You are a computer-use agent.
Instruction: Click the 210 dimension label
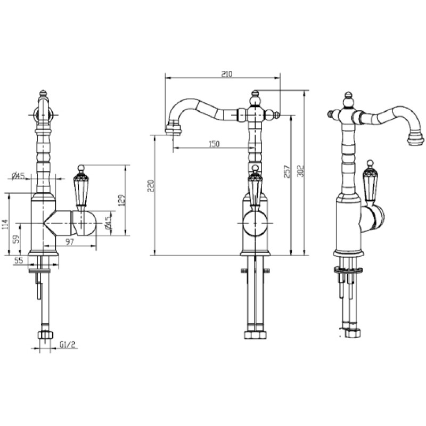[x=227, y=74]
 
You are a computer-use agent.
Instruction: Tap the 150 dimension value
[x=214, y=144]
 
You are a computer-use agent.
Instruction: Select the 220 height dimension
[x=151, y=186]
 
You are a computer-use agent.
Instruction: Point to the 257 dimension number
[x=287, y=171]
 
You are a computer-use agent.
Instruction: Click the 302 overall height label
[x=300, y=171]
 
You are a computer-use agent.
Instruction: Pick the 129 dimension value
[x=121, y=200]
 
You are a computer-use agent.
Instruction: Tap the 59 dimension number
[x=17, y=239]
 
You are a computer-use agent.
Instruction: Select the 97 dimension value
[x=70, y=242]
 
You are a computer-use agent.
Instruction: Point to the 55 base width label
[x=19, y=260]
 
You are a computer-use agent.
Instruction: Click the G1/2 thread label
[x=68, y=345]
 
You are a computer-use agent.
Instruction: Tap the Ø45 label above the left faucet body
[x=18, y=176]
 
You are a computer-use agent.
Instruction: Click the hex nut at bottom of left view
[x=45, y=334]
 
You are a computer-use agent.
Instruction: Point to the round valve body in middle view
[x=255, y=223]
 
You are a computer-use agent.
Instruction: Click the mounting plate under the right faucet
[x=349, y=270]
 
